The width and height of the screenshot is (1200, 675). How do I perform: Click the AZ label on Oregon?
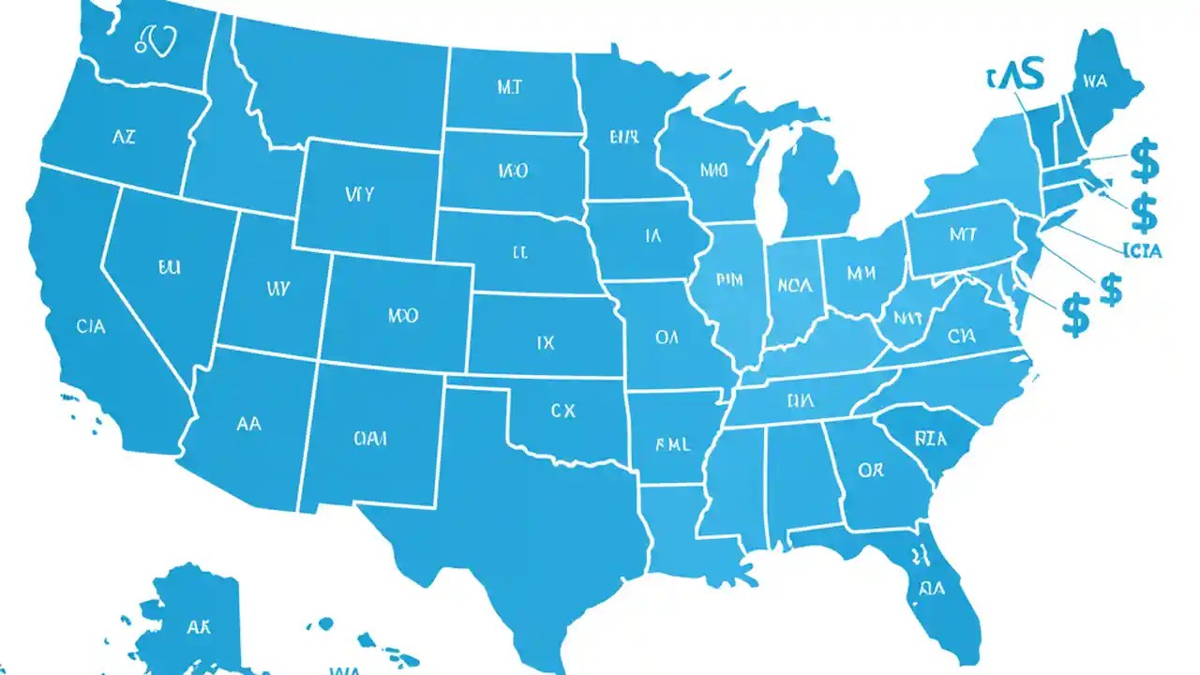click(x=124, y=137)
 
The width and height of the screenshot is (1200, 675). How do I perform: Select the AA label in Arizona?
click(x=248, y=424)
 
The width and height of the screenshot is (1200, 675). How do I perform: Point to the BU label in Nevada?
click(x=169, y=267)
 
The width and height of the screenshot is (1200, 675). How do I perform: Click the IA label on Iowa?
click(x=653, y=237)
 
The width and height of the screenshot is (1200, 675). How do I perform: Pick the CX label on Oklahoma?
click(x=562, y=410)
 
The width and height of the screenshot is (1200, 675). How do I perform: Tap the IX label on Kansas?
click(x=546, y=344)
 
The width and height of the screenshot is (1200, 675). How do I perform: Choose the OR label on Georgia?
click(x=870, y=470)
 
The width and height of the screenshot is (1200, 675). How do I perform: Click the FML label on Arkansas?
click(x=672, y=445)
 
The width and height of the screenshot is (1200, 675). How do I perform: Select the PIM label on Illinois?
click(x=728, y=278)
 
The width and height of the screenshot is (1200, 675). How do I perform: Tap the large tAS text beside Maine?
click(x=1016, y=77)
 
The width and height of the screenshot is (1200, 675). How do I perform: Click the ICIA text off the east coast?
click(x=1142, y=250)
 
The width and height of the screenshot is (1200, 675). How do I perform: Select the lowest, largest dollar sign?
click(x=1077, y=314)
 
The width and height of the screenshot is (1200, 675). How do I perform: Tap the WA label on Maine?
click(x=1095, y=82)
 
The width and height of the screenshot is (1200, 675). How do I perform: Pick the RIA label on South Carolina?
click(x=930, y=438)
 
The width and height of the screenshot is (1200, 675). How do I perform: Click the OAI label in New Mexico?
click(x=371, y=438)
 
